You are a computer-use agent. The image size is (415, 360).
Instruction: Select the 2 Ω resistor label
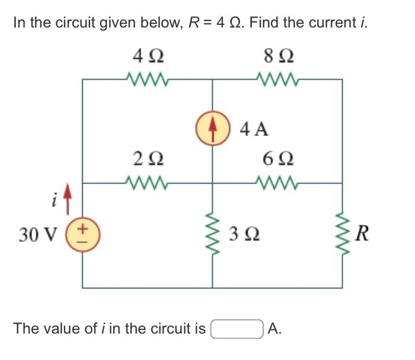[x=148, y=159]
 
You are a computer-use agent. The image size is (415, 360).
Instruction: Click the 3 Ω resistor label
[x=245, y=235]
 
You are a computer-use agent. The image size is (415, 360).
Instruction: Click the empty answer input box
[x=237, y=328]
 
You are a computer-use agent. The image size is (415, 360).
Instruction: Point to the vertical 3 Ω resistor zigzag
[x=213, y=235]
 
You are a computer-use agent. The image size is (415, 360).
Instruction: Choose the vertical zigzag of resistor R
[x=342, y=235]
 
